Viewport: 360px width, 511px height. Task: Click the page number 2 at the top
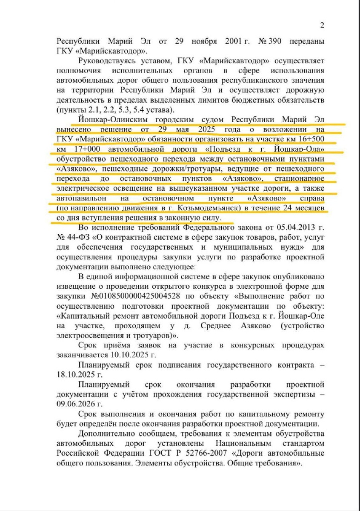(x=322, y=26)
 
